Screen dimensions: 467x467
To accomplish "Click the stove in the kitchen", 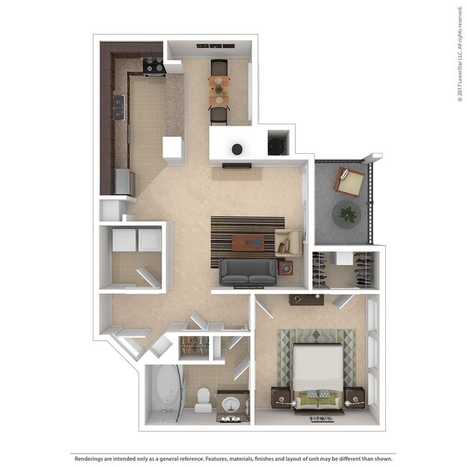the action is click(x=154, y=68).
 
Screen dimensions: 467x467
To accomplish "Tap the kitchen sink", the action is click(x=119, y=107).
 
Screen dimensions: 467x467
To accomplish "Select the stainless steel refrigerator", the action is click(x=124, y=182).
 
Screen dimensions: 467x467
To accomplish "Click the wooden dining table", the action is click(x=219, y=91).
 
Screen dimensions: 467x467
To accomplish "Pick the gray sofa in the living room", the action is click(x=249, y=272).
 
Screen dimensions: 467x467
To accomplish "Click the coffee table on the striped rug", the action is click(x=248, y=243).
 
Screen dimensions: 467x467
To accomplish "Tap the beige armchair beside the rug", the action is click(x=288, y=243).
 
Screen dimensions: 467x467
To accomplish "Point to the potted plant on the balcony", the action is click(x=347, y=214).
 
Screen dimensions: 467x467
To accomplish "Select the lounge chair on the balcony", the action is click(x=348, y=182).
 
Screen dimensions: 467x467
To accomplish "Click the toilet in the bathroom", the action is click(x=203, y=400).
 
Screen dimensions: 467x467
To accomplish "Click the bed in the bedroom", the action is click(x=318, y=378).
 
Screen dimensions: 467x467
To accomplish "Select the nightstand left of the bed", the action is click(x=280, y=398).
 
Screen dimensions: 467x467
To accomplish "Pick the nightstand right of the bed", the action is click(x=354, y=398).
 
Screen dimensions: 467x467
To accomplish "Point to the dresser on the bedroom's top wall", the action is click(x=307, y=300).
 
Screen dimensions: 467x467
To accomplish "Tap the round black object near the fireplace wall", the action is click(x=237, y=149).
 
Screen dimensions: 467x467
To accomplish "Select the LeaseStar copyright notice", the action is click(x=460, y=54).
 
